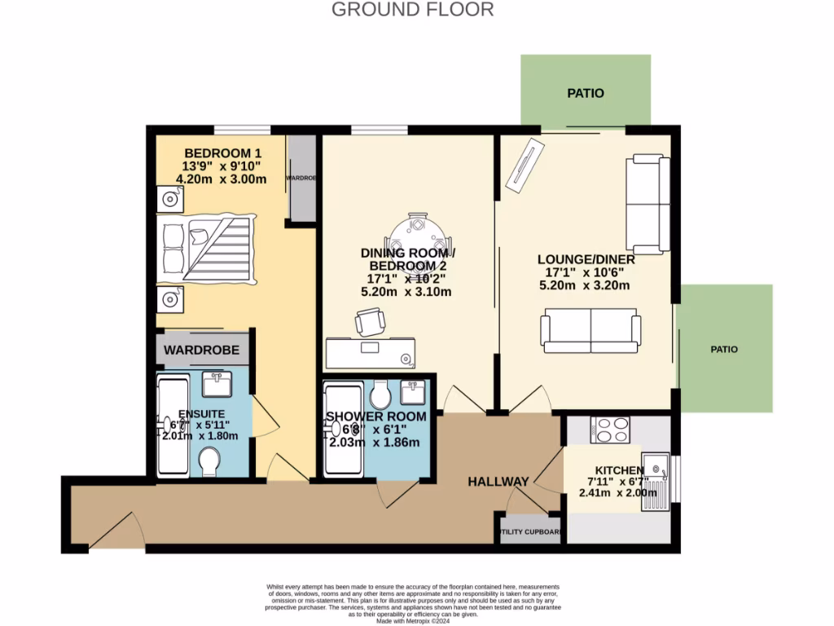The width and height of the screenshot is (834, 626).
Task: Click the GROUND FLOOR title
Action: (412, 10)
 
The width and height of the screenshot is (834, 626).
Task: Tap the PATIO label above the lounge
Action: (586, 93)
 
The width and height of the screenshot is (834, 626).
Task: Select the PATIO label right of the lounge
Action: (723, 349)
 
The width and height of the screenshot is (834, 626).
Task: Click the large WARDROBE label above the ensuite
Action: (202, 350)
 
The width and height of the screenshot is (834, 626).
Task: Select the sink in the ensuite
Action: (217, 382)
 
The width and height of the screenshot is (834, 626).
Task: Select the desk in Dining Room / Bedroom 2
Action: (371, 353)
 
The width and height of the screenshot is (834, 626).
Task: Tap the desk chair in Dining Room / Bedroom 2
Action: (368, 324)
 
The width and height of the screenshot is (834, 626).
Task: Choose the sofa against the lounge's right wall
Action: (648, 204)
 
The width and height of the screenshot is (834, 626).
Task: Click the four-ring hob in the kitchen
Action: (609, 429)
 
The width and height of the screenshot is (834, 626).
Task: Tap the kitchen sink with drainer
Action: (655, 481)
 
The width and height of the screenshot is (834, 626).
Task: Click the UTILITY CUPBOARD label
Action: (530, 532)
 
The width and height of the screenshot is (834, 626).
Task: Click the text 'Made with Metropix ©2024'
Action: (412, 620)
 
